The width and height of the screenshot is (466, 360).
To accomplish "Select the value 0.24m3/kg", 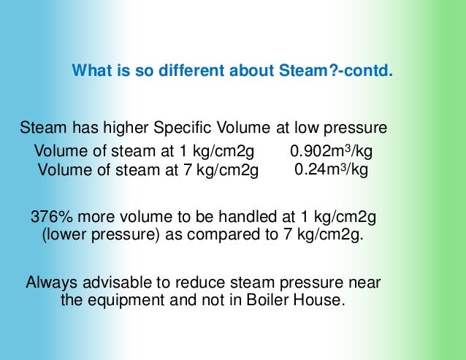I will coord(331,170).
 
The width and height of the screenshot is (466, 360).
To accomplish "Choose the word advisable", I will coord(115,283).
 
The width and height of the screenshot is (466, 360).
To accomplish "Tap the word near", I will coord(364,283).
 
